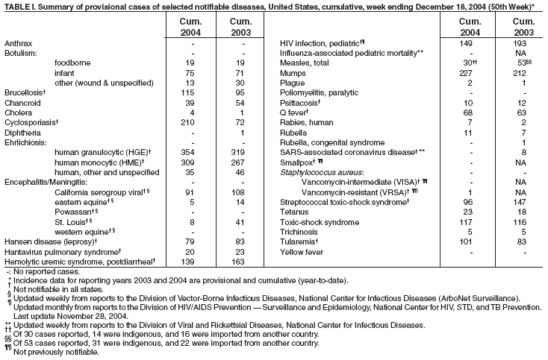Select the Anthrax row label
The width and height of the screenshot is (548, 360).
19,44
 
